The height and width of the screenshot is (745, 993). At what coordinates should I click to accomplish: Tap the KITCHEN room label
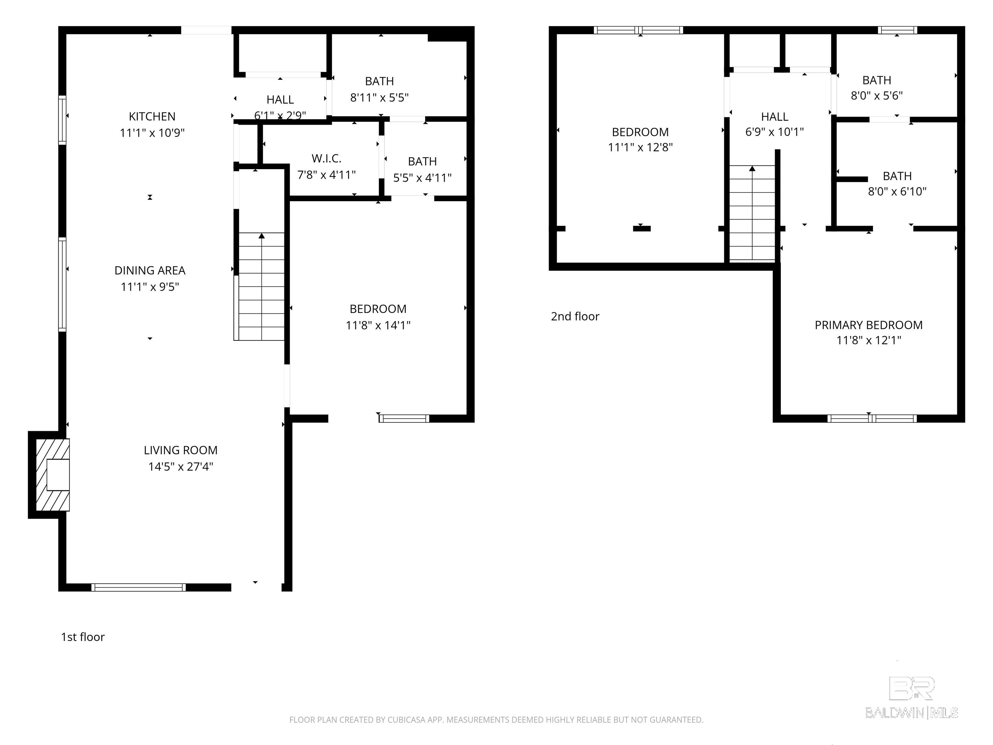pos(152,117)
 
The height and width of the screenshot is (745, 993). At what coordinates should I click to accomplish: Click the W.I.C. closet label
pos(326,158)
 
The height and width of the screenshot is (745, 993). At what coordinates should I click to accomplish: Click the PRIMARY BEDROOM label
pos(868,325)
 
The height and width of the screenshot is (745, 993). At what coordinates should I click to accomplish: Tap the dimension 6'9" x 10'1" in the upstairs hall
pos(774,132)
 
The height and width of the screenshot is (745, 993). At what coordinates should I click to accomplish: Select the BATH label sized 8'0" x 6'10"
pos(897,176)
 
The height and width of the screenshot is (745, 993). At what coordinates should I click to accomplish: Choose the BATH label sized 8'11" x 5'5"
pos(379,81)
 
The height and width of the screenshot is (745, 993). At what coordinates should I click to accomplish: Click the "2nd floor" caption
pos(575,317)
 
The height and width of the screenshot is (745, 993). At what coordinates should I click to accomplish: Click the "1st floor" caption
pos(83,637)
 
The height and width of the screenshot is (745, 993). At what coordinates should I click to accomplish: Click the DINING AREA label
pos(150,270)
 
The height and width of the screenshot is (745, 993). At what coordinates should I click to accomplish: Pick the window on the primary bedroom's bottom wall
pos(871,418)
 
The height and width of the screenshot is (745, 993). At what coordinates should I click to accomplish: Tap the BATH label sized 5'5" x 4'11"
pos(422,162)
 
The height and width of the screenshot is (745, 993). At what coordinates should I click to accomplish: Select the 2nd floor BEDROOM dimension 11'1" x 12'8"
pos(640,147)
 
